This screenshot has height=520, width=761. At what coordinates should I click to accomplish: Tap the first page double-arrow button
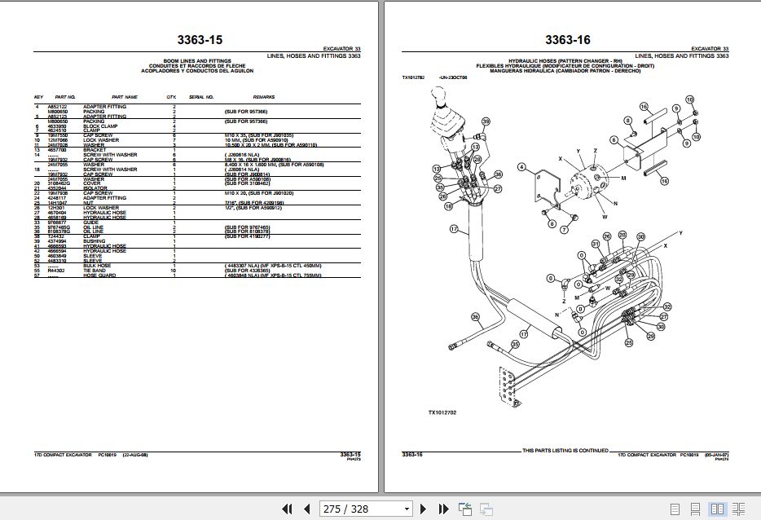[287, 509]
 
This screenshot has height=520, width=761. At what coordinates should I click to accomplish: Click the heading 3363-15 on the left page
[200, 39]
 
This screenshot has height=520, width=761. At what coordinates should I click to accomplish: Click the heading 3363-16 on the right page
[567, 39]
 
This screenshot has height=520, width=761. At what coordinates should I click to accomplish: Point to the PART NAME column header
[125, 95]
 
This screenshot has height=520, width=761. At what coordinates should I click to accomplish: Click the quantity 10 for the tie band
[172, 271]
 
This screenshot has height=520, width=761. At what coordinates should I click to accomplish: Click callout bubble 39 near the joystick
[486, 122]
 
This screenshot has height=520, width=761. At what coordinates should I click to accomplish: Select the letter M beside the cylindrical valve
[622, 177]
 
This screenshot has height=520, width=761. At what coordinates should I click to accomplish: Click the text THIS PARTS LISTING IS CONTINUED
[565, 450]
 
